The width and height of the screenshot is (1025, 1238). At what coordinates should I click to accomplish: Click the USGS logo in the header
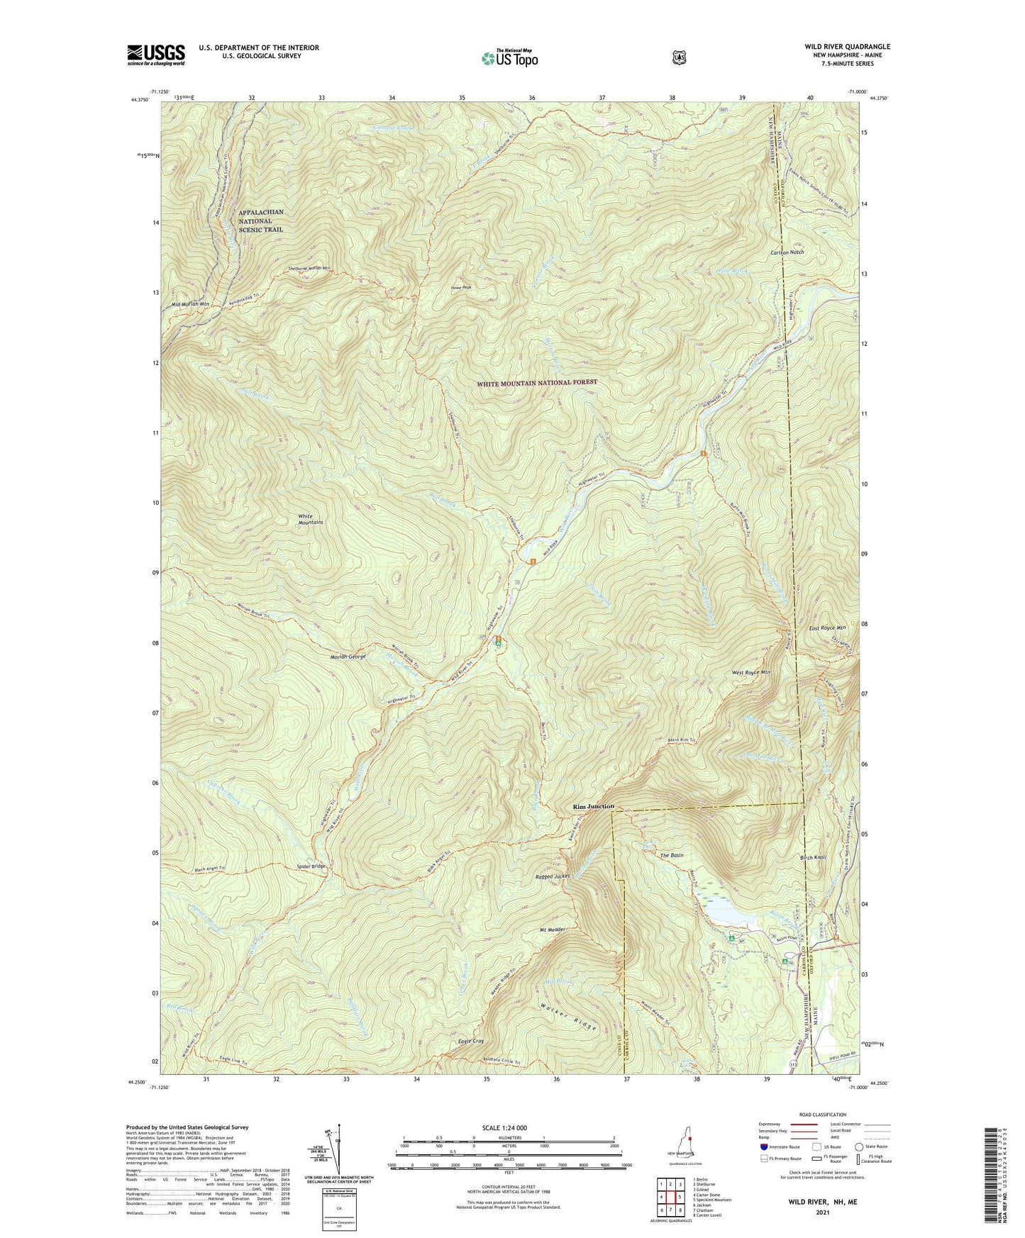(155, 55)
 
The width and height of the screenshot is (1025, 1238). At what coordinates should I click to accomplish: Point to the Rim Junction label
(593, 806)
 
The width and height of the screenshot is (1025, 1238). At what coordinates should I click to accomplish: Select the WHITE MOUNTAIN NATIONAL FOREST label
(536, 382)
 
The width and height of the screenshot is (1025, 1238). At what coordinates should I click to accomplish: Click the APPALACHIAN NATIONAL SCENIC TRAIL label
(260, 221)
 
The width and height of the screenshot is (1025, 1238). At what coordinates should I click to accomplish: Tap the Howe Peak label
(461, 287)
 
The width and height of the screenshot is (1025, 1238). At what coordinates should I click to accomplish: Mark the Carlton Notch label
(787, 252)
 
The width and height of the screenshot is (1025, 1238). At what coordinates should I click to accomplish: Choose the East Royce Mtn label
(827, 628)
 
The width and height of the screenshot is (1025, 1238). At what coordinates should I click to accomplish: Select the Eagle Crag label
(471, 1041)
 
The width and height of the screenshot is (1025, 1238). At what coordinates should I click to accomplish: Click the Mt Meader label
(552, 930)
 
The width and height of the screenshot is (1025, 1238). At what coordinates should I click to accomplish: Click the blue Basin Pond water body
(730, 916)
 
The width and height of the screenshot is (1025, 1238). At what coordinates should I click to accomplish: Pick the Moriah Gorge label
(348, 657)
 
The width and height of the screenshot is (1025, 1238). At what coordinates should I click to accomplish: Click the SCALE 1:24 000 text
(504, 1127)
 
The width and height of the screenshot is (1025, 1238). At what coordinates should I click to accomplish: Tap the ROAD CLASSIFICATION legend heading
(821, 1115)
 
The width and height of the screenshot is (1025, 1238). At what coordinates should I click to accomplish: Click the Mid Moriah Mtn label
(190, 304)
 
